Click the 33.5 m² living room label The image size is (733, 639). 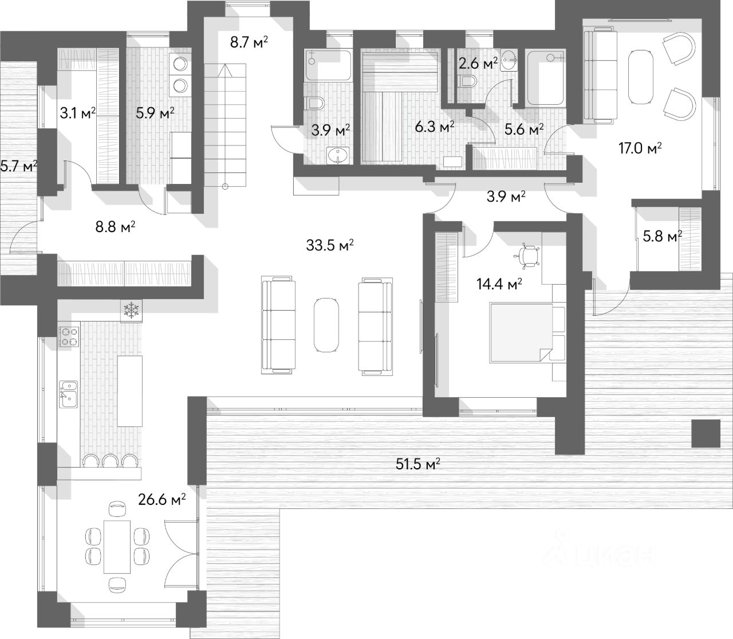coord(330,245)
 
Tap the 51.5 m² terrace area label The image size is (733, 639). coord(417,464)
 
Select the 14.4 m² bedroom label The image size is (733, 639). coord(499,284)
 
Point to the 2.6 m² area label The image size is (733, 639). coord(478,64)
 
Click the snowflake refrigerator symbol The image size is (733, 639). coord(131,311)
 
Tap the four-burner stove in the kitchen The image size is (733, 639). coord(69,336)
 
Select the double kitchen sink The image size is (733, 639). coord(68,394)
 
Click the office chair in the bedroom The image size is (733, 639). coord(527,256)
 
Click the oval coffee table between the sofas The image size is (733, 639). coord(326,326)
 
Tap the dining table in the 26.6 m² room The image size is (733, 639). coord(117,552)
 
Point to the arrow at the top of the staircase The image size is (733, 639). coord(224,70)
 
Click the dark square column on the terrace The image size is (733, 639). coord(706,433)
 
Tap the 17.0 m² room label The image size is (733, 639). coord(640,148)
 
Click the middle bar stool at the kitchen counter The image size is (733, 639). coord(109,460)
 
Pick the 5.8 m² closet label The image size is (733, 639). coord(662,236)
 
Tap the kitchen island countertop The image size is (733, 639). coord(129,391)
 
